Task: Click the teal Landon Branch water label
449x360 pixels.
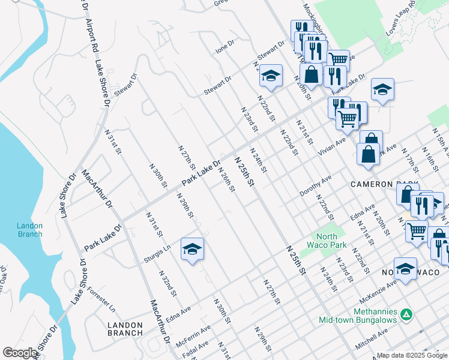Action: coord(29,230)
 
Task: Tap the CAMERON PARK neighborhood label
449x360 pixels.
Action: coord(384,184)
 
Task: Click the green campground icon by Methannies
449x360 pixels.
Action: coord(406,314)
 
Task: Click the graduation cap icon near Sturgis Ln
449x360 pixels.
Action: coord(192,249)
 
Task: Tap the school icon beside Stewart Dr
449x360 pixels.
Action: coord(271,76)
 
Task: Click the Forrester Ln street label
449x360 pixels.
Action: coord(101,299)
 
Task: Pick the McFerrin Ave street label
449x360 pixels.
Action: coord(193,335)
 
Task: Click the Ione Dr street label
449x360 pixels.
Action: coord(225,47)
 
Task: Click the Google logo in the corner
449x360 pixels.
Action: coord(20,353)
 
